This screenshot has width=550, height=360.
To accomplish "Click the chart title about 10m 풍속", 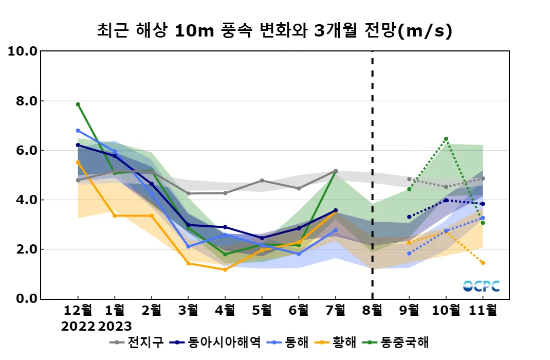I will (x=274, y=31).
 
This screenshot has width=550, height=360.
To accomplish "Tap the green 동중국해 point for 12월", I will (x=78, y=104).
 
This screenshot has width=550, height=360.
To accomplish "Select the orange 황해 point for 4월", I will (x=225, y=269).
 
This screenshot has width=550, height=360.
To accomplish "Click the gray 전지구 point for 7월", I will (x=336, y=171).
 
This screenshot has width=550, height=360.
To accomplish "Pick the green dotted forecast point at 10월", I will (x=446, y=139).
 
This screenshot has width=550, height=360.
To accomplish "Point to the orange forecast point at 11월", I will (x=483, y=263).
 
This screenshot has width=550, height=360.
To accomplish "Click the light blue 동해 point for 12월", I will (x=78, y=131).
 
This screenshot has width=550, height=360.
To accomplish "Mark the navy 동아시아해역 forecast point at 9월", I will (x=409, y=217).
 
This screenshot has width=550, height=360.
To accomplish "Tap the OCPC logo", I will (x=481, y=286).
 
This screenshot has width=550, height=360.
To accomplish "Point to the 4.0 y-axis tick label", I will (x=25, y=200).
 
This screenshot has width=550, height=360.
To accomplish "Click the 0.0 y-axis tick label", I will (x=25, y=299).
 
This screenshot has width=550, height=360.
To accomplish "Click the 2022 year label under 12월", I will (x=78, y=326).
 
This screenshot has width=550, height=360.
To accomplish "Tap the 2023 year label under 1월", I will (x=115, y=326).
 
